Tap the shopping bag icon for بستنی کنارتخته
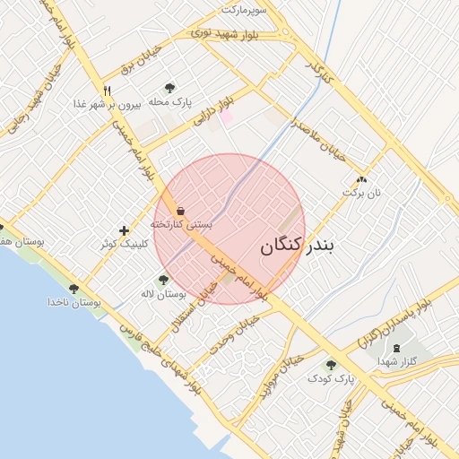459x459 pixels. pos(181,211)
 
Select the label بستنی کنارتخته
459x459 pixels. pos(181,224)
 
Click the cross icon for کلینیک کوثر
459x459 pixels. pos(124,230)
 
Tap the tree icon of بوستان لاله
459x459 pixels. pos(162,281)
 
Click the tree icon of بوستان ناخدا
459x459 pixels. pos(73,289)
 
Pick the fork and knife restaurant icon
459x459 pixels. pos(108,90)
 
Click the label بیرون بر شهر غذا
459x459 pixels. pos(105,104)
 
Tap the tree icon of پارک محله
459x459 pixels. pos(169,88)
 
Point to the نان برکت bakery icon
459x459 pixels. pos(362,179)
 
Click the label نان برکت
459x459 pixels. pos(365,193)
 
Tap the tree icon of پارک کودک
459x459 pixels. pos(332,365)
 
